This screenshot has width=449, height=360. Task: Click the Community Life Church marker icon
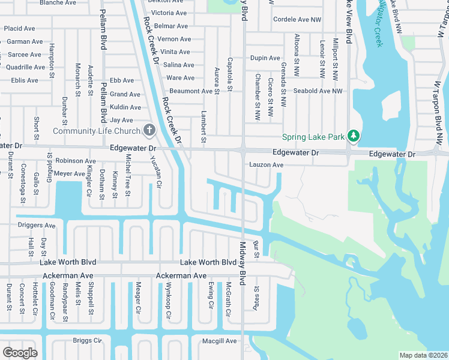tap(149, 130)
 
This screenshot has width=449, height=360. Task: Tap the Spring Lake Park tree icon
tap(354, 136)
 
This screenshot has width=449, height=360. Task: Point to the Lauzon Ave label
tap(266, 165)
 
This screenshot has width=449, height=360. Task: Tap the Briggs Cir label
tap(88, 340)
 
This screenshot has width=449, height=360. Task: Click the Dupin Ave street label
tap(265, 58)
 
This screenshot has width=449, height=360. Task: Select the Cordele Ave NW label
tap(297, 20)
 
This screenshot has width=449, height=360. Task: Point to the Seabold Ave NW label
tap(318, 91)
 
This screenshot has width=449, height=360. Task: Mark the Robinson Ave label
tap(76, 161)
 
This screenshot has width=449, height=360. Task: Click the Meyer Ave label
tap(70, 174)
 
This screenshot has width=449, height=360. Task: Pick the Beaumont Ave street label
tap(191, 91)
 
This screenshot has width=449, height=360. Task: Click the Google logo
tap(20, 353)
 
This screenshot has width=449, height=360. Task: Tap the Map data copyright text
tap(423, 355)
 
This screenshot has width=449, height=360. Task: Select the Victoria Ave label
tap(169, 13)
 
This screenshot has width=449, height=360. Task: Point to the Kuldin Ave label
tap(125, 107)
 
